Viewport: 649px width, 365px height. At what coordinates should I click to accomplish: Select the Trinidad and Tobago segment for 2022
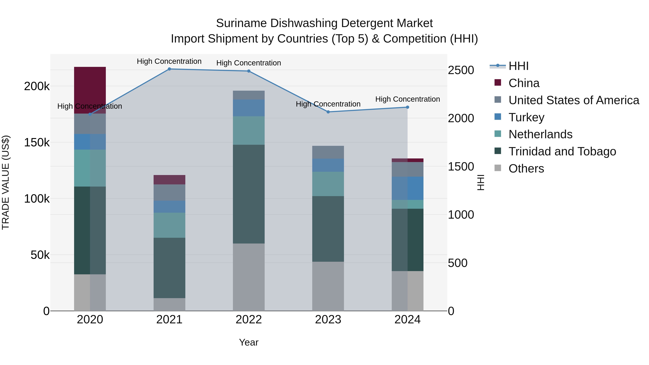249,194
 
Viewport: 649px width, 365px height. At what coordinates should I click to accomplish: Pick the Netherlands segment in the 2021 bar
169,225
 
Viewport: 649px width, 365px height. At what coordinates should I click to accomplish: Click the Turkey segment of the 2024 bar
407,188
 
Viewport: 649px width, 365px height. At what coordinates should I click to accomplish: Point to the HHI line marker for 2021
169,69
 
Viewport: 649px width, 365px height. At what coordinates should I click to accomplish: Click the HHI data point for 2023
328,112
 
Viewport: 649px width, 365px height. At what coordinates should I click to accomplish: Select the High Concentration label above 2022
248,63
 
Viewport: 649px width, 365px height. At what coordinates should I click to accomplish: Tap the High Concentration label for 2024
407,99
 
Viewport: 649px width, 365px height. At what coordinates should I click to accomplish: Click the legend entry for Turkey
526,117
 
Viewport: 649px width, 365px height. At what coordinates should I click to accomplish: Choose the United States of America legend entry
573,100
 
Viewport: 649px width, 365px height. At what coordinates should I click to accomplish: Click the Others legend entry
526,169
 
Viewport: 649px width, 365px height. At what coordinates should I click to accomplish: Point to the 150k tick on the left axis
37,143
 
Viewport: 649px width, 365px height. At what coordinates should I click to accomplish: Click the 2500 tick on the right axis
461,70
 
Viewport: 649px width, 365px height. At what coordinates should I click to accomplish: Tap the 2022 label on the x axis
249,320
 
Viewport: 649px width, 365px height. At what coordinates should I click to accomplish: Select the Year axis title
248,342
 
